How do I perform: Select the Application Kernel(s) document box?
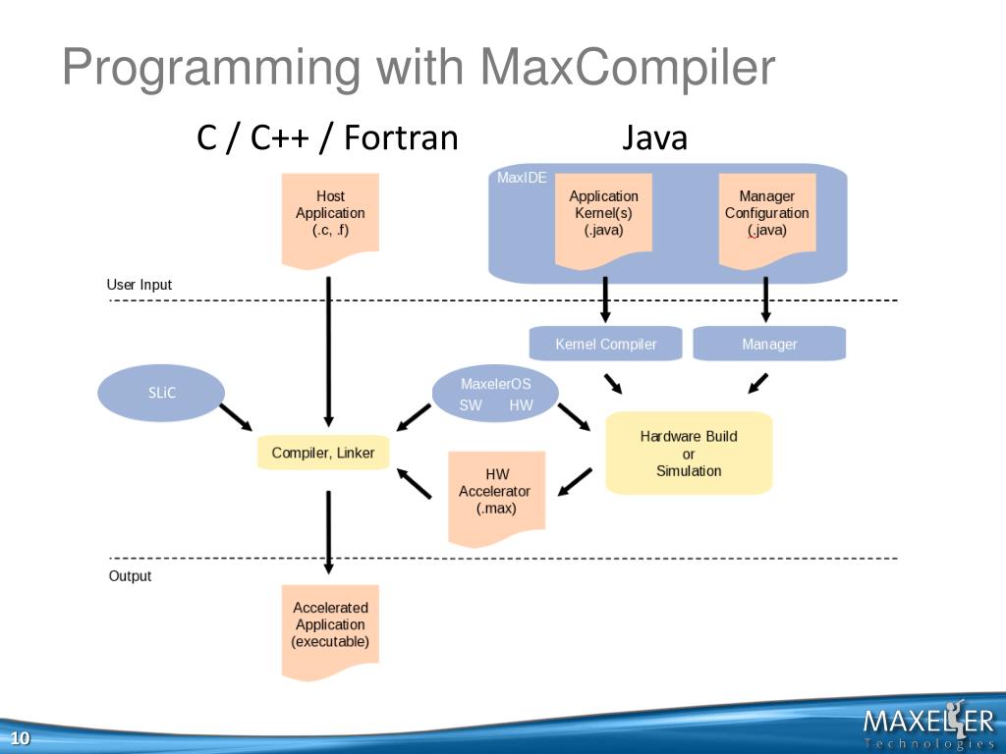[603, 216]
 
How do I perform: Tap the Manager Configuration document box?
[766, 216]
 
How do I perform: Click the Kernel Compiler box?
[605, 344]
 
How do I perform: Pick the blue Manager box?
[769, 344]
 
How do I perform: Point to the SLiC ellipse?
[161, 393]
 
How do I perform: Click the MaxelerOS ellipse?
[496, 394]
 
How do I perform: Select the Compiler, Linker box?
[323, 453]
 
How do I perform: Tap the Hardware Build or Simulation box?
[688, 453]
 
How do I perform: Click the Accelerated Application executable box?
[330, 629]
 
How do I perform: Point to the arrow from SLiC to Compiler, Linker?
[236, 418]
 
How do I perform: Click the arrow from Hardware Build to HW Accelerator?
[575, 482]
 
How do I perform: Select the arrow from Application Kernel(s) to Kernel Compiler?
[605, 299]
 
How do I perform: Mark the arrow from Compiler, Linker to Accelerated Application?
[328, 531]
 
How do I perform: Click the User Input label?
[140, 285]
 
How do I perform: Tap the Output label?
[130, 576]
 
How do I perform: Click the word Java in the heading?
[654, 138]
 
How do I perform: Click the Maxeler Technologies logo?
[927, 726]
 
